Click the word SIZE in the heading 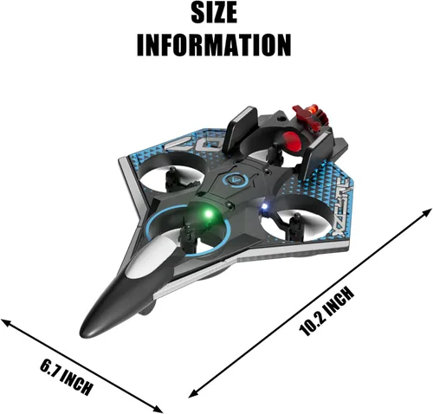(214, 13)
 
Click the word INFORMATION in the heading (214, 45)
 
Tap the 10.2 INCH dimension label (326, 312)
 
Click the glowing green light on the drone (208, 214)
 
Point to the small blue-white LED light (264, 207)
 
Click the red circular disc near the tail (290, 140)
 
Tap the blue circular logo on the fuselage (234, 180)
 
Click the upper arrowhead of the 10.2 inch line (427, 212)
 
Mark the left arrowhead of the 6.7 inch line (6, 322)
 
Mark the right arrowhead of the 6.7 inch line (158, 410)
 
